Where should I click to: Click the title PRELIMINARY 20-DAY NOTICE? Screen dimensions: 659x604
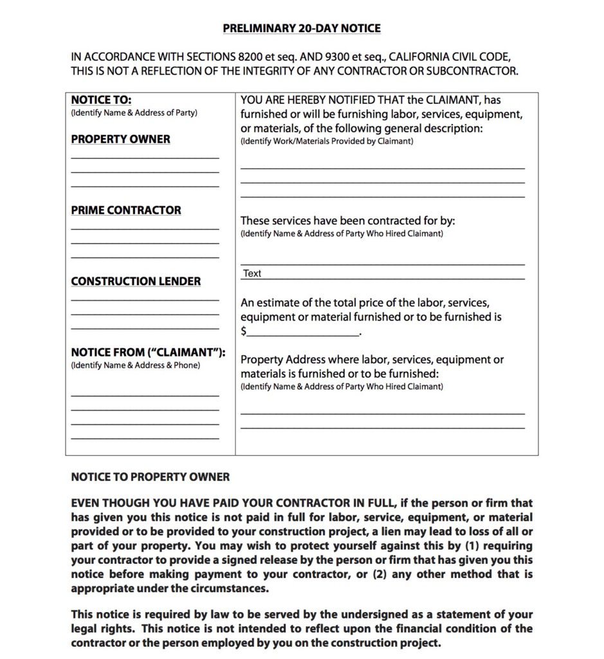pyautogui.click(x=302, y=28)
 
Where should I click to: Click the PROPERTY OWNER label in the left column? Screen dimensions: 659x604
pyautogui.click(x=120, y=139)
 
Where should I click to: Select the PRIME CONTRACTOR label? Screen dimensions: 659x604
pyautogui.click(x=126, y=210)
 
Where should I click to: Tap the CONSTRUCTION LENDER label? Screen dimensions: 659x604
pyautogui.click(x=136, y=281)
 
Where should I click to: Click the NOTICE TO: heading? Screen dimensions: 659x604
pyautogui.click(x=101, y=100)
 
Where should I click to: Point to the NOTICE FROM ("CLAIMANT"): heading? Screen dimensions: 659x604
pyautogui.click(x=148, y=352)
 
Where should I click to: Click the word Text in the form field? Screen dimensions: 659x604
pyautogui.click(x=252, y=274)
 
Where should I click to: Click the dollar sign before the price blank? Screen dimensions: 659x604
pyautogui.click(x=244, y=332)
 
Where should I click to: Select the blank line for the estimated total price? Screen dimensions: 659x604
pyautogui.click(x=303, y=334)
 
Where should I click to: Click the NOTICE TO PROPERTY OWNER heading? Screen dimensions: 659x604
pyautogui.click(x=150, y=477)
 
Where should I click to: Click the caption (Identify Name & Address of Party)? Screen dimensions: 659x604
pyautogui.click(x=134, y=113)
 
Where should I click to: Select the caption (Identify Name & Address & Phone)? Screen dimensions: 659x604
pyautogui.click(x=135, y=365)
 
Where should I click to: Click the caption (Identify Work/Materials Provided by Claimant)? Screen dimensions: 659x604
pyautogui.click(x=327, y=141)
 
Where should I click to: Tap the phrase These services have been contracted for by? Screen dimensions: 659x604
pyautogui.click(x=347, y=221)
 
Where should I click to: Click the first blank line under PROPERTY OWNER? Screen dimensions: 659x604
pyautogui.click(x=145, y=157)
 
